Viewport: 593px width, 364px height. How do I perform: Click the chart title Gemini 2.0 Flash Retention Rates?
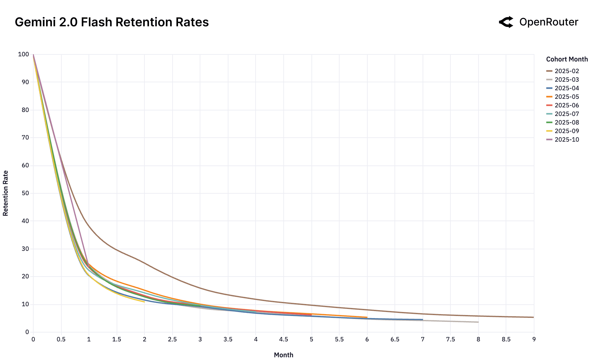tap(112, 22)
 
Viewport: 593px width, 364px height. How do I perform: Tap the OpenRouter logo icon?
tap(506, 22)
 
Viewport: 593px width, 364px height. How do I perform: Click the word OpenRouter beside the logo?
tap(549, 22)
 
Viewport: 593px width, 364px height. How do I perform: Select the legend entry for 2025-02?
tap(566, 71)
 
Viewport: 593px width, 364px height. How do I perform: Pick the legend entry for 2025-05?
tap(566, 97)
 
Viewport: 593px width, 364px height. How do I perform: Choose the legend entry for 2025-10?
tap(566, 139)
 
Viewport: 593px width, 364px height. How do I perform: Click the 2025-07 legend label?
tap(566, 114)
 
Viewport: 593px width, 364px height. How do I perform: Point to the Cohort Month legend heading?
tap(567, 59)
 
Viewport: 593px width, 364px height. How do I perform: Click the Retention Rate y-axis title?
tap(5, 193)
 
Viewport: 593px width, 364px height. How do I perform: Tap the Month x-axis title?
tap(283, 355)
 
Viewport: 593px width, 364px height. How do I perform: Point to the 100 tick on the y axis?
tap(24, 54)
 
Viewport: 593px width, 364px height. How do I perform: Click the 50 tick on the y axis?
tap(25, 193)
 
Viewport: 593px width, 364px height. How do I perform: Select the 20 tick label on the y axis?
tap(25, 277)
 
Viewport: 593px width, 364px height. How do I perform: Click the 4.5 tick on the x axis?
tap(283, 339)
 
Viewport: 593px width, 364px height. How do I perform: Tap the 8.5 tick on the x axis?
tap(506, 339)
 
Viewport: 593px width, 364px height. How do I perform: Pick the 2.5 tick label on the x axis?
tap(172, 339)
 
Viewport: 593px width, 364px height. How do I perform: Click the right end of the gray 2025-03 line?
tap(478, 322)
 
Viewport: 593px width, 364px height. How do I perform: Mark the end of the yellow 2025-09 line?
tap(144, 302)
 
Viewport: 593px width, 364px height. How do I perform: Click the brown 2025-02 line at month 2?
tap(144, 263)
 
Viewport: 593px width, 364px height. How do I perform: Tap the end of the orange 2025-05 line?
tap(367, 317)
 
